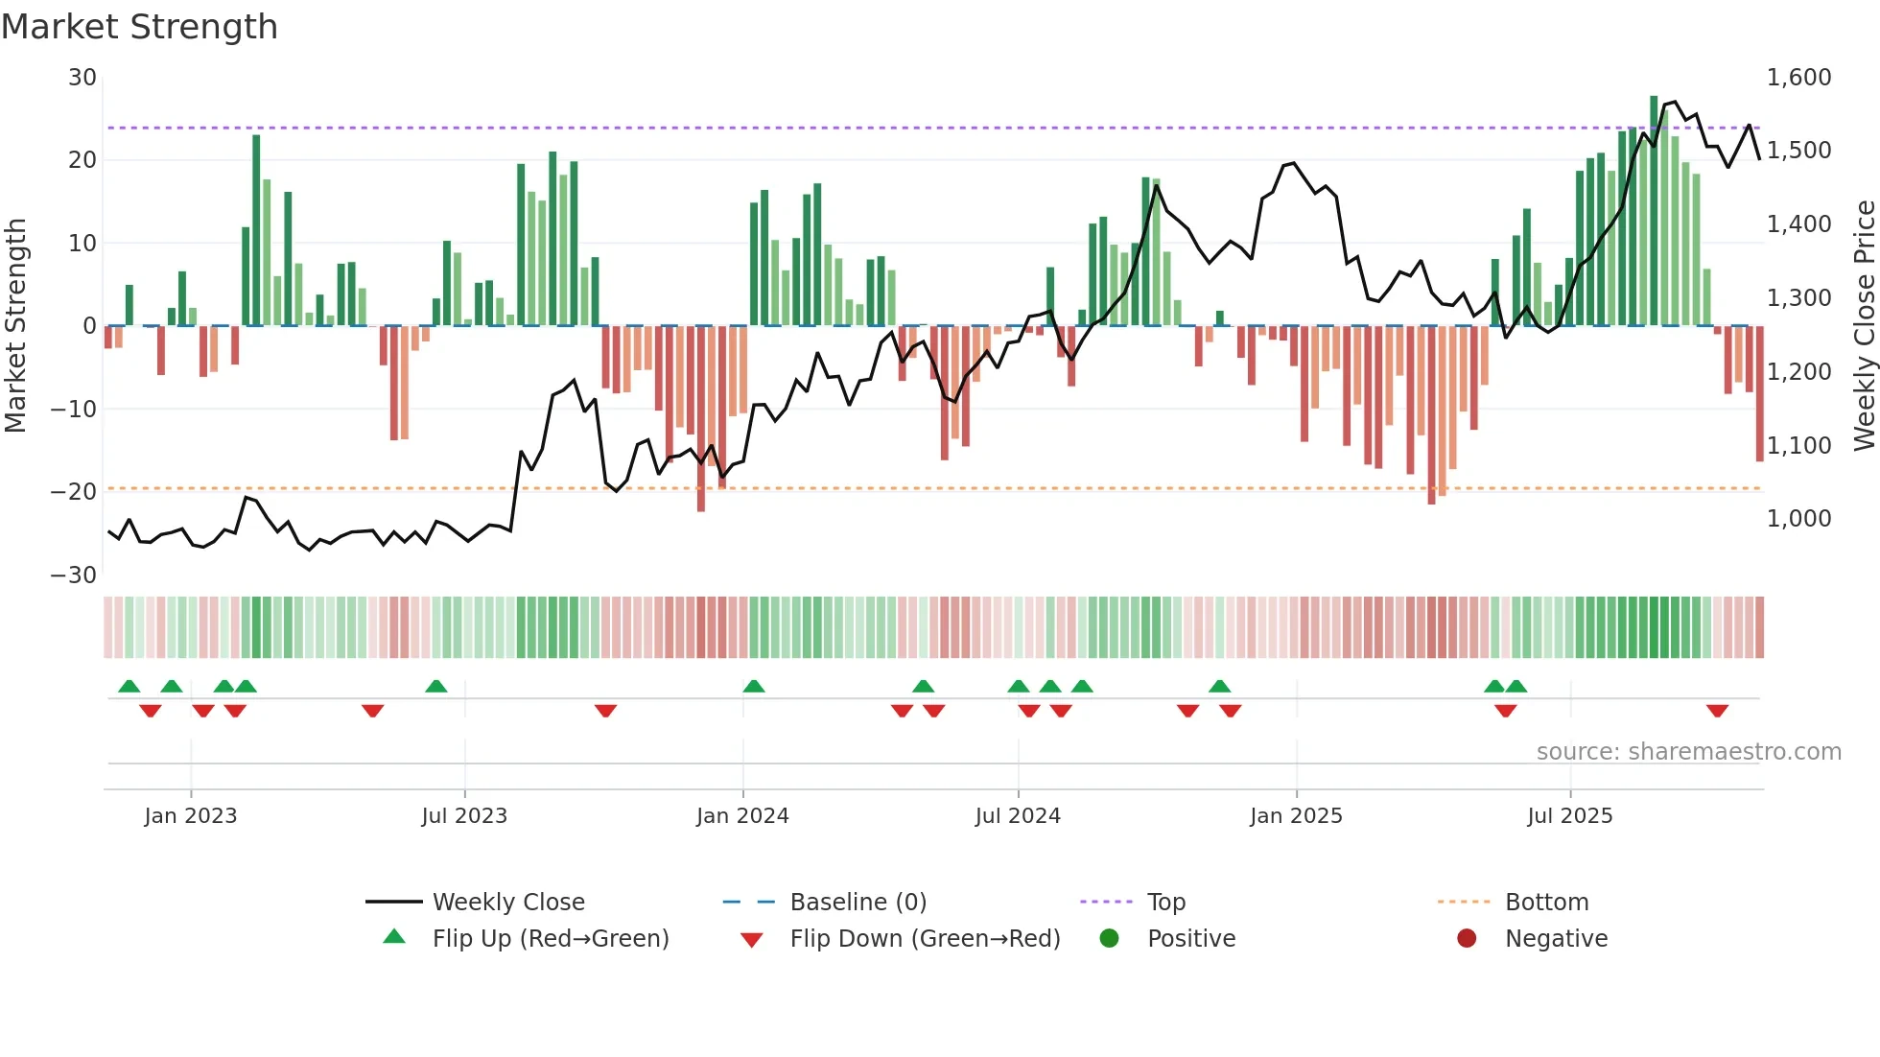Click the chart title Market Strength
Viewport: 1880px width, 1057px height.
[139, 27]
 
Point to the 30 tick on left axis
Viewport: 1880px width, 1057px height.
[82, 78]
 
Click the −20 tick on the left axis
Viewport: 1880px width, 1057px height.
[74, 492]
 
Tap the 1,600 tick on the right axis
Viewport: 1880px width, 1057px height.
[1798, 78]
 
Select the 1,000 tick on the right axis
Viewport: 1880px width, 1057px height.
[1798, 519]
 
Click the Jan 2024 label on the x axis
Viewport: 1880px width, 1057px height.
[742, 816]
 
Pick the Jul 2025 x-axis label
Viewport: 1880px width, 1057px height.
[1569, 816]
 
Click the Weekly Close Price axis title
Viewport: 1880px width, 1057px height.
[1864, 326]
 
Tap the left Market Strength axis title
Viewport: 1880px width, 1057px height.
[16, 326]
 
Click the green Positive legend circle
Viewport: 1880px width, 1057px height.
[1109, 939]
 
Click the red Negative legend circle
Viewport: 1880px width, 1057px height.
[1467, 939]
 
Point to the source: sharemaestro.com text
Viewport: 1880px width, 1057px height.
[1688, 752]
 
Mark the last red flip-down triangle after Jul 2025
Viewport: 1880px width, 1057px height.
[1717, 711]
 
